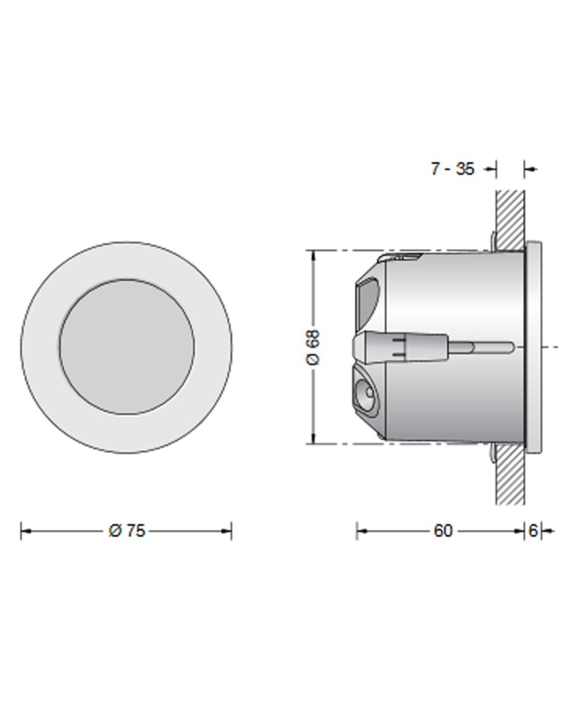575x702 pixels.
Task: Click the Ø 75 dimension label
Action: click(x=126, y=531)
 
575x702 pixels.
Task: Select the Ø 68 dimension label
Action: click(x=314, y=347)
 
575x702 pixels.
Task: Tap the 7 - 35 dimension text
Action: click(x=452, y=169)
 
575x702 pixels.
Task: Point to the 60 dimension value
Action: click(x=443, y=531)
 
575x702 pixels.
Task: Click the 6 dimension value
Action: click(x=533, y=531)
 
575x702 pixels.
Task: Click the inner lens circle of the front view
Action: click(x=127, y=347)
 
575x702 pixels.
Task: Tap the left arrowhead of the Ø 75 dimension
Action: click(x=26, y=531)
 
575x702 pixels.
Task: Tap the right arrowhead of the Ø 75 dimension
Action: click(x=226, y=531)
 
